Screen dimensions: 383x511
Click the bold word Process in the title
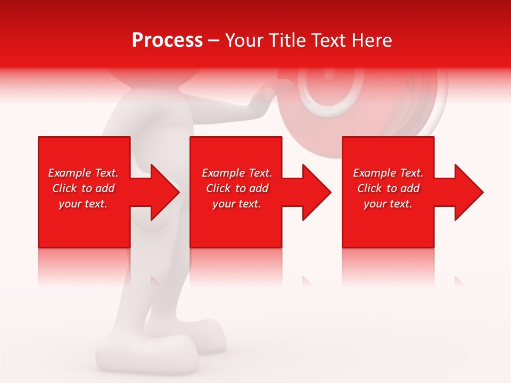coord(167,40)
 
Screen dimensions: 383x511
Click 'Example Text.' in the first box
coord(83,173)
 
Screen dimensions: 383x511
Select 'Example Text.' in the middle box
coord(237,173)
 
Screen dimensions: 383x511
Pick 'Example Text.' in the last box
coord(388,173)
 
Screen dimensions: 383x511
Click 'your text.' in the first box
coord(83,204)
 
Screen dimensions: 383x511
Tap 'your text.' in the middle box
coord(237,204)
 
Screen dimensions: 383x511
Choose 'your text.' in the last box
coord(388,204)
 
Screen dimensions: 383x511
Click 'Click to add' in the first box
coord(83,188)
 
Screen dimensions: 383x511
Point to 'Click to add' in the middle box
coord(237,188)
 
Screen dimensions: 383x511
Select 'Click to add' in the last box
coord(388,188)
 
